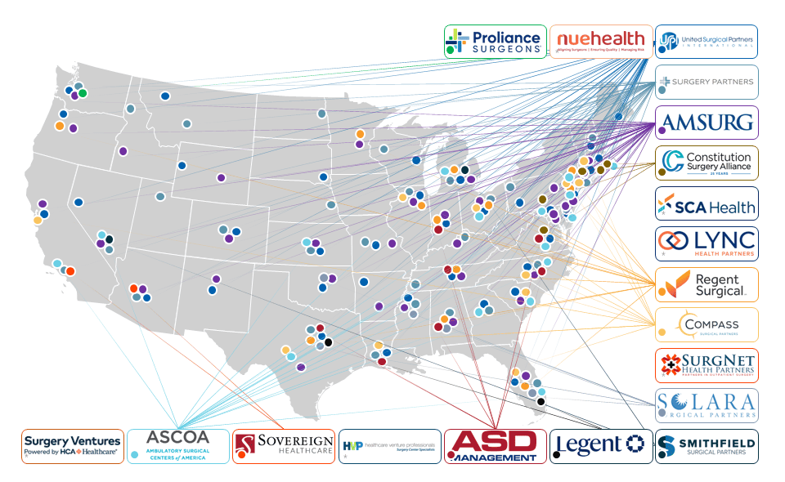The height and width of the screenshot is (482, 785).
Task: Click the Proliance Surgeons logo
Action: tap(495, 41)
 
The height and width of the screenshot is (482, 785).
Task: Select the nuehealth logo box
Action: tap(601, 41)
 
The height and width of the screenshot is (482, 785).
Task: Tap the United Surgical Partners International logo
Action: tap(706, 41)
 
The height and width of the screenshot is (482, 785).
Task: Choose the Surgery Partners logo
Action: tap(706, 82)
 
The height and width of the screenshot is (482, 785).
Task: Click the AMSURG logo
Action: tap(706, 123)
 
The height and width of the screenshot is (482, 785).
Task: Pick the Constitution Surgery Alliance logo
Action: tap(706, 162)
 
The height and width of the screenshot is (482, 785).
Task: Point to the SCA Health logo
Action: tap(706, 203)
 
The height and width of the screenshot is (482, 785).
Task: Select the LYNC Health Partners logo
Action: tap(706, 243)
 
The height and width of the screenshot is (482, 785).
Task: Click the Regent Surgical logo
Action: tap(706, 284)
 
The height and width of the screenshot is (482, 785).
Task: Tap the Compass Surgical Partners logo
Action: tap(706, 324)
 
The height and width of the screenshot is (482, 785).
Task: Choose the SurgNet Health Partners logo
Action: tap(706, 365)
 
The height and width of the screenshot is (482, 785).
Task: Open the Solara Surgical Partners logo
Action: tap(706, 405)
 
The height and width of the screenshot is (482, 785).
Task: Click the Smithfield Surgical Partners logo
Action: tap(706, 446)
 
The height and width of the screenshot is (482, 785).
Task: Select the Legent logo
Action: tap(601, 446)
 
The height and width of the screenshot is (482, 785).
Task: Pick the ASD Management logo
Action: tap(495, 446)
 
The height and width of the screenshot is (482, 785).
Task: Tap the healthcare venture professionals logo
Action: tap(389, 446)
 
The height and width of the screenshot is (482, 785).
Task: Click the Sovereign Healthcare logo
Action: tap(284, 446)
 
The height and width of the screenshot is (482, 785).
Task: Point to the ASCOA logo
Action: tap(178, 446)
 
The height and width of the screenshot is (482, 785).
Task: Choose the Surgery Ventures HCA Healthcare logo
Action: tap(73, 446)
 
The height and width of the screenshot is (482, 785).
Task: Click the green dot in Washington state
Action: tap(83, 93)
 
